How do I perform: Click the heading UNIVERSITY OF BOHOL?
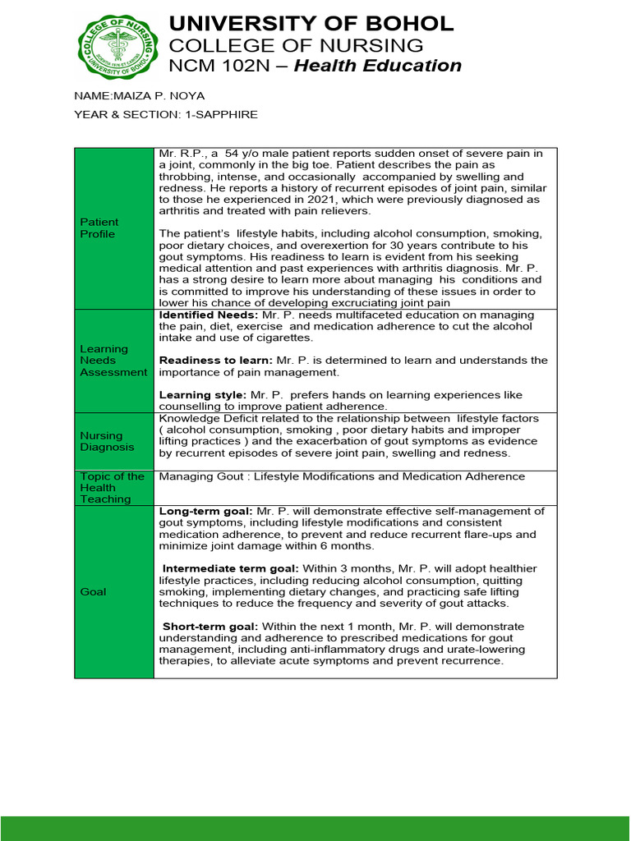[311, 23]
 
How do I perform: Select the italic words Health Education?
[377, 66]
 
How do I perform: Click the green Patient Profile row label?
[99, 227]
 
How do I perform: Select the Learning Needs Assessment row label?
[113, 361]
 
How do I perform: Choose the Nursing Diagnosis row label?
[101, 441]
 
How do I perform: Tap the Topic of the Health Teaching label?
[112, 488]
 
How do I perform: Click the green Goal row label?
[93, 591]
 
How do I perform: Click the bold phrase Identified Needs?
[209, 315]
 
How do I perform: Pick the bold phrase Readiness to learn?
[215, 361]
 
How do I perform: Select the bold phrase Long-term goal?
[205, 511]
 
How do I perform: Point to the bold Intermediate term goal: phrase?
[232, 568]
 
